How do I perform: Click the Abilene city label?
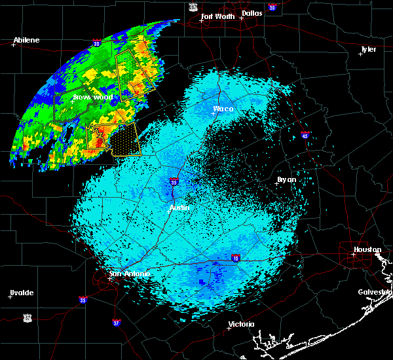27,40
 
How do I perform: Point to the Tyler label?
369,50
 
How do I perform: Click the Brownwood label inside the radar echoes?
93,98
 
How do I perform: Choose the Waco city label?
223,109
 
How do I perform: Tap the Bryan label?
286,179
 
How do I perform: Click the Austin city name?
179,207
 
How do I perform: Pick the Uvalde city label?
22,292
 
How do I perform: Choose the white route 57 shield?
27,318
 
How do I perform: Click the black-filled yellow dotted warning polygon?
124,139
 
